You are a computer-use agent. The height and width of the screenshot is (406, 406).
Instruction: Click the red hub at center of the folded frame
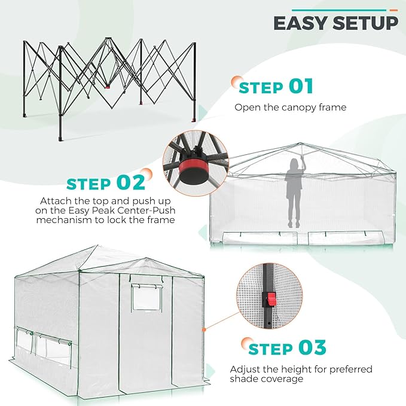[x=108, y=86]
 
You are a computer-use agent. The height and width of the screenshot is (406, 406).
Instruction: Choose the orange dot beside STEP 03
[x=245, y=342]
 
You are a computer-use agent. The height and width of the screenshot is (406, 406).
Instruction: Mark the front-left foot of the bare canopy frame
[x=60, y=138]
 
